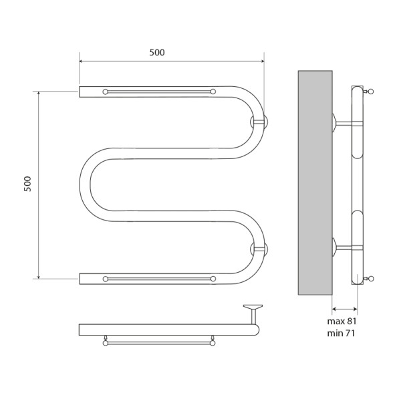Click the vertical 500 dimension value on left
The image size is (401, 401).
pyautogui.click(x=27, y=184)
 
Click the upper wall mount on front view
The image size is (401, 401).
pyautogui.click(x=259, y=122)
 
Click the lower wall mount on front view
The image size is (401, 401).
pyautogui.click(x=259, y=249)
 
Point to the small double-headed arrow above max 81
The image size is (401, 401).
pyautogui.click(x=344, y=308)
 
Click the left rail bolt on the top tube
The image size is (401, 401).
pyautogui.click(x=105, y=92)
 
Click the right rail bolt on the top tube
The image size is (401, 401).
pyautogui.click(x=213, y=92)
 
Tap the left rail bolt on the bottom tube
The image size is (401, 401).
pyautogui.click(x=105, y=278)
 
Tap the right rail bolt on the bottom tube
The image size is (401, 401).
pyautogui.click(x=213, y=278)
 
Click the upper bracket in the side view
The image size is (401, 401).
pyautogui.click(x=346, y=122)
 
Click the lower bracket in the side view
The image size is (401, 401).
pyautogui.click(x=346, y=248)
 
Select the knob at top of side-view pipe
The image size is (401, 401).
pyautogui.click(x=371, y=90)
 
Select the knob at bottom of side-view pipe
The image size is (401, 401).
pyautogui.click(x=371, y=278)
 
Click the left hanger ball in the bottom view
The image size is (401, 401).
pyautogui.click(x=105, y=344)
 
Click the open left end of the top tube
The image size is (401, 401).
pyautogui.click(x=81, y=92)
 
